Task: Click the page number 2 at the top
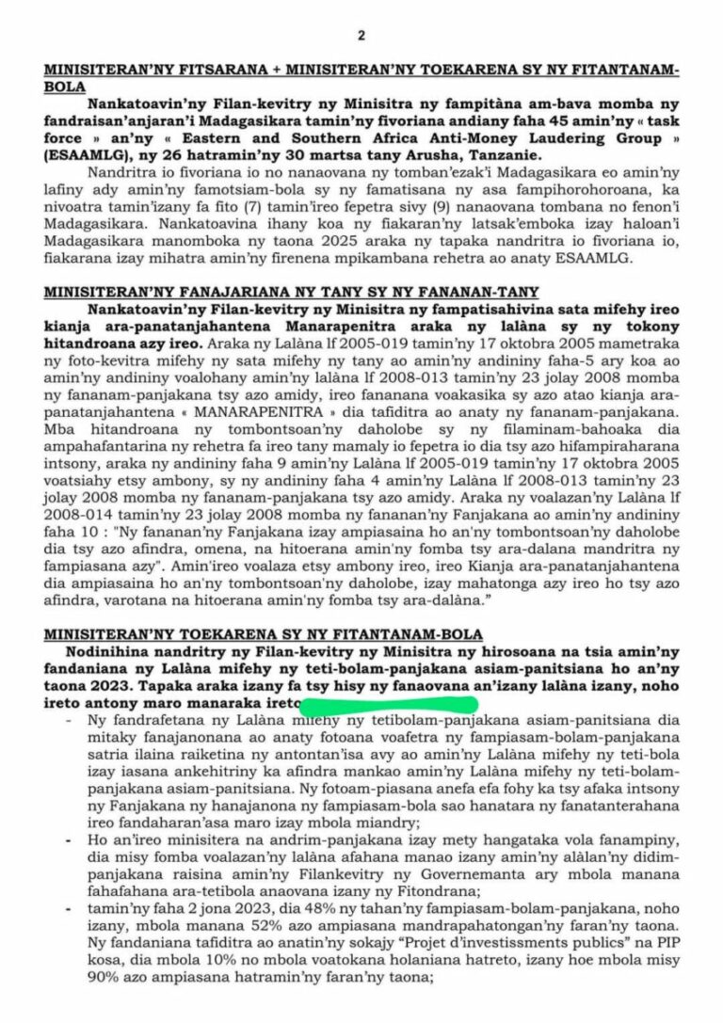pos(361,36)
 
